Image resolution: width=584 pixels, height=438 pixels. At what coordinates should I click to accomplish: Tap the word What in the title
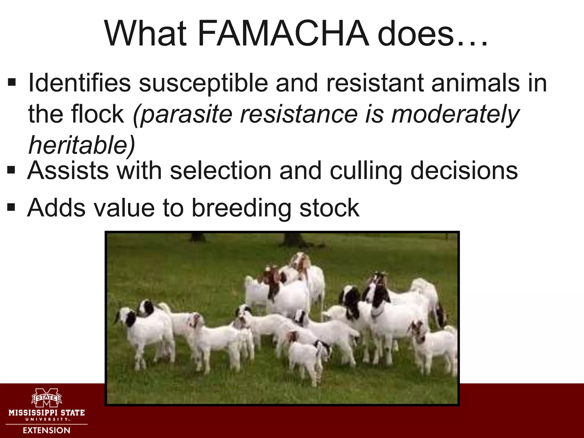click(145, 33)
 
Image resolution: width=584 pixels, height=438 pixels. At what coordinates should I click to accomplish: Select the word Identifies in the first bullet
click(80, 83)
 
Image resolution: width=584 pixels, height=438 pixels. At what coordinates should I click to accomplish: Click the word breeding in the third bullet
click(241, 208)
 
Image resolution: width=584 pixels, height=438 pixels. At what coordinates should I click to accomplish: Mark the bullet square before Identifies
click(12, 83)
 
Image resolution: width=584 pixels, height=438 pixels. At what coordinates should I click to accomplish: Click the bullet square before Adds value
click(11, 207)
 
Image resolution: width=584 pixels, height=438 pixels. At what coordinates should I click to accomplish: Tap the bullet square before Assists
click(11, 170)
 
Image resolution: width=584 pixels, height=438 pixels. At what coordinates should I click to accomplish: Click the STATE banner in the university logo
click(46, 397)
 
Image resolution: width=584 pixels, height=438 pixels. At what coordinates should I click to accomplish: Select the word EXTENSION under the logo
click(46, 430)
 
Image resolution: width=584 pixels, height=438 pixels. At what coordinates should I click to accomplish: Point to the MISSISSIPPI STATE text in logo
click(46, 413)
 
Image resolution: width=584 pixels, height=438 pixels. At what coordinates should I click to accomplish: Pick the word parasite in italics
click(186, 114)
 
